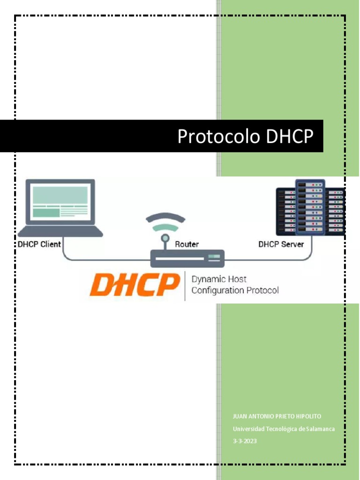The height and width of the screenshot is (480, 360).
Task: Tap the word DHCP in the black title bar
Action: [x=289, y=136]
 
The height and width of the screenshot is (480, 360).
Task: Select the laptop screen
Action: [x=60, y=202]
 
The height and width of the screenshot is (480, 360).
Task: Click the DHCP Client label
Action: [x=39, y=244]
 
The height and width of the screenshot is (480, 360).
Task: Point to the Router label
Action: [x=187, y=244]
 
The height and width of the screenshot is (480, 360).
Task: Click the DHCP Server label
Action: [x=281, y=244]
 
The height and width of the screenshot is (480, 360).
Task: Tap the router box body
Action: [x=187, y=259]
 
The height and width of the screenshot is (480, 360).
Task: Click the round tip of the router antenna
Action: [x=165, y=238]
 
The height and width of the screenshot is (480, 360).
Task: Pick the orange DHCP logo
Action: [x=135, y=285]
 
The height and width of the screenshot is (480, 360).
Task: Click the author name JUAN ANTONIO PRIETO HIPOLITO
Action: [x=277, y=416]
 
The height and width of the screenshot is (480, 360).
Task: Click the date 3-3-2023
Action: [x=245, y=441]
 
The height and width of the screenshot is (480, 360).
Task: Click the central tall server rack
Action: [x=310, y=207]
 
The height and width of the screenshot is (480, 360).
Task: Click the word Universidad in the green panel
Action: [x=248, y=429]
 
